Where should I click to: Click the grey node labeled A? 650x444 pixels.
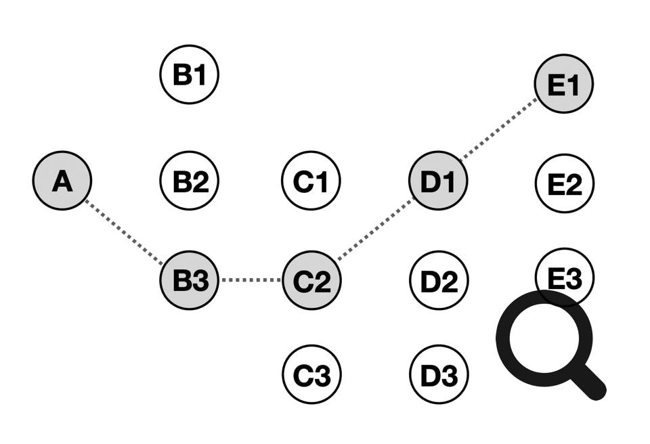(x=62, y=181)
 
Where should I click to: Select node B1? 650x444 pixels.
(x=190, y=74)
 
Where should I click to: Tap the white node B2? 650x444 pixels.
(x=190, y=181)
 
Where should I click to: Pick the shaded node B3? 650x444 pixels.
(x=190, y=280)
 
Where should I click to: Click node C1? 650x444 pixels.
(x=311, y=181)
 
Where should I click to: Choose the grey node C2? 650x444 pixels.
(x=311, y=280)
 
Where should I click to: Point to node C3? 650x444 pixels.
(x=311, y=374)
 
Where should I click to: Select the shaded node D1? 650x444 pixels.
(x=438, y=181)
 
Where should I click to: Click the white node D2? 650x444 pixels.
(x=438, y=280)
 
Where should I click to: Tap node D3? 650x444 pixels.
(x=438, y=374)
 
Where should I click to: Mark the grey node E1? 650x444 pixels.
(x=563, y=85)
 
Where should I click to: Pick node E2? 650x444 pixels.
(x=563, y=183)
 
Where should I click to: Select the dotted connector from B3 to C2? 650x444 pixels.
(x=250, y=280)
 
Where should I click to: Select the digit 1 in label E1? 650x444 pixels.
(x=574, y=85)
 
